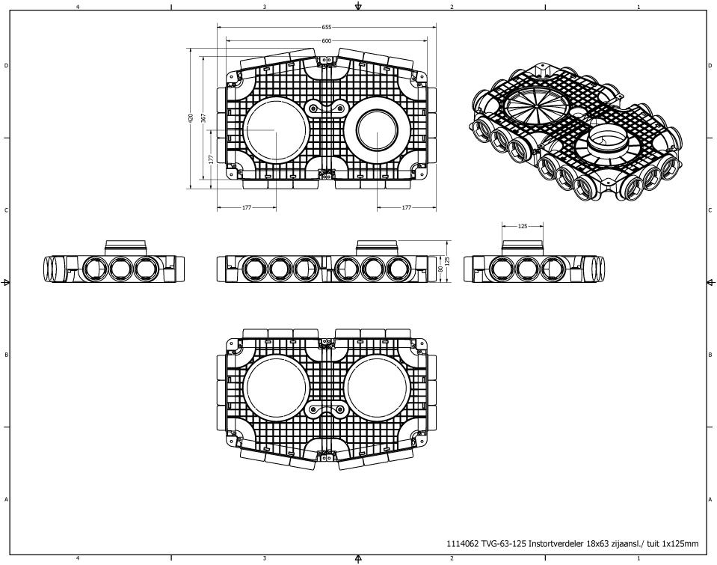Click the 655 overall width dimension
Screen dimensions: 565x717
(327, 26)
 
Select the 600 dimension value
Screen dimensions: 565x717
(327, 40)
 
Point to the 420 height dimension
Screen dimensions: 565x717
(191, 117)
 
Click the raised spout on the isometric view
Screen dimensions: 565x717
(607, 140)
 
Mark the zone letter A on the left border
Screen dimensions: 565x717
(7, 499)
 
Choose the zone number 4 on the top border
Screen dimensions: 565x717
(78, 5)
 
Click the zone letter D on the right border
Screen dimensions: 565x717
(709, 66)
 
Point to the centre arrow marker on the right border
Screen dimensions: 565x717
(710, 283)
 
